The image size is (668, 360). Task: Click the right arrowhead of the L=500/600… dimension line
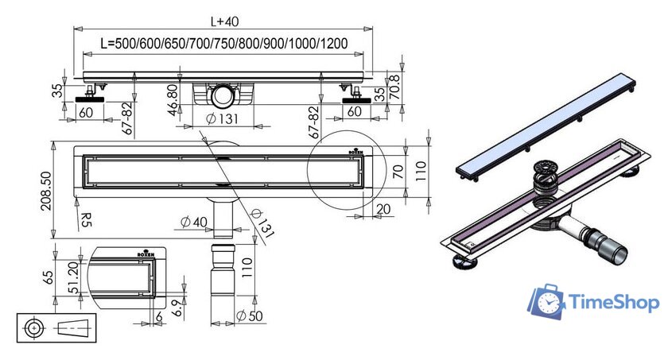[x=359, y=54]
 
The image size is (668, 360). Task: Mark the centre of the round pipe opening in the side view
[x=223, y=95]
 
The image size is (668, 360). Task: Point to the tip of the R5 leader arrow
[x=76, y=199]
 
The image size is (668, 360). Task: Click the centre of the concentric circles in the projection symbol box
[x=34, y=328]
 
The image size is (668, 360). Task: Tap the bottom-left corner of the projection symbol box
[x=17, y=342]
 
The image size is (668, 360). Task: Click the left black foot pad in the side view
[x=90, y=99]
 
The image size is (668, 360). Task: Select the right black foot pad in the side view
[x=357, y=100]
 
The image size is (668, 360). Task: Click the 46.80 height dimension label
[x=172, y=100]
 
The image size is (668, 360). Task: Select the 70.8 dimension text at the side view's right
[x=396, y=87]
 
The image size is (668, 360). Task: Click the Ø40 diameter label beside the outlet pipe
[x=194, y=222]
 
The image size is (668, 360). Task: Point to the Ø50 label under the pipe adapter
[x=250, y=315]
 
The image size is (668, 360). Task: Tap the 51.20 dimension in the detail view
[x=73, y=278]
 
